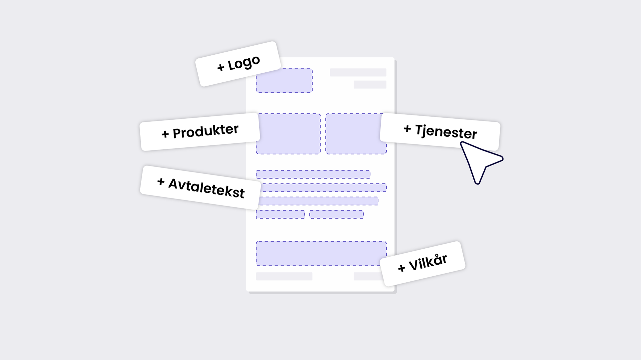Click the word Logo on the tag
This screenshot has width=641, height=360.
click(244, 63)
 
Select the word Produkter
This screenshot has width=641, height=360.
click(206, 131)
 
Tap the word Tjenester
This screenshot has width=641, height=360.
click(446, 131)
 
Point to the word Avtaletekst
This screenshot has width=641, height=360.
click(206, 188)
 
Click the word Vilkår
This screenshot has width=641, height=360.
click(428, 262)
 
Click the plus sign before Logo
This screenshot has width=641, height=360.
click(221, 67)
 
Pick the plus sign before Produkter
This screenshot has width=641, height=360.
click(165, 134)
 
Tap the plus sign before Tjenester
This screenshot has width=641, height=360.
click(407, 128)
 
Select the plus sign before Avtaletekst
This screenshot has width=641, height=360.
click(161, 182)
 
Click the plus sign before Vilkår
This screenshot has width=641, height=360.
click(402, 268)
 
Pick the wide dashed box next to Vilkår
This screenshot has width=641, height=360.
click(317, 254)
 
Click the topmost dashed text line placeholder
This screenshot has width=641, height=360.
click(313, 174)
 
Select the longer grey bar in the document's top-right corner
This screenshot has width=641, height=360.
click(358, 72)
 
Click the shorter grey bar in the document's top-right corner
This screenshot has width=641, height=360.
click(370, 84)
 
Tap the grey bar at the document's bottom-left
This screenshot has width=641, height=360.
click(284, 276)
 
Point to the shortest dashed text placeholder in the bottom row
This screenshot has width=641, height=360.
click(280, 214)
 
